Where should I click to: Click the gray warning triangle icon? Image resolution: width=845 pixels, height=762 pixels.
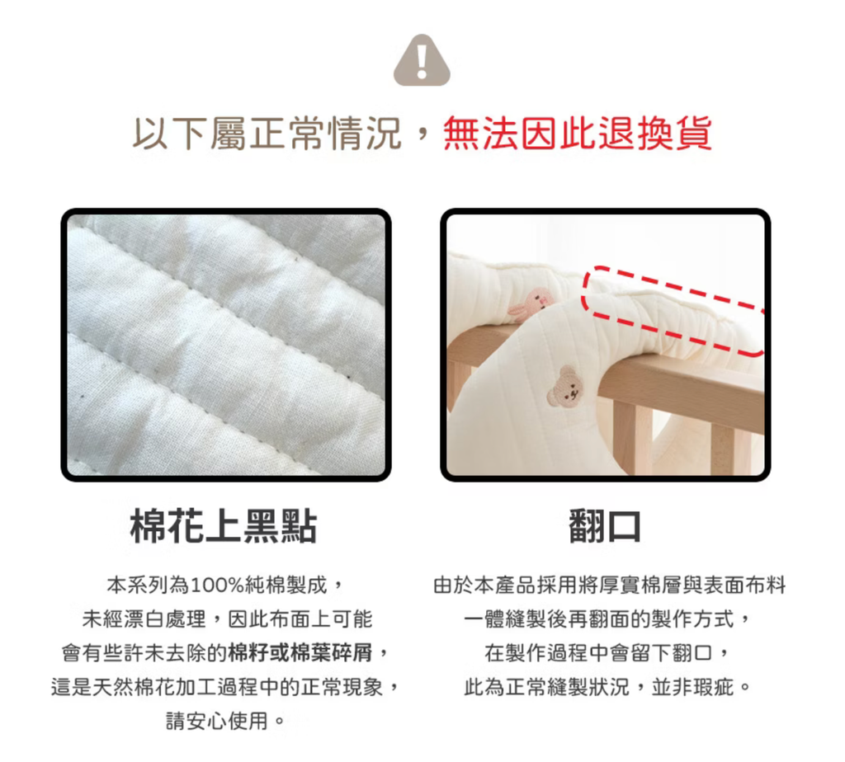[422, 60]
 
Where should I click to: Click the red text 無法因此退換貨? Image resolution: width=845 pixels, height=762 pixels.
[578, 133]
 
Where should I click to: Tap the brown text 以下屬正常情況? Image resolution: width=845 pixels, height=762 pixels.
[267, 133]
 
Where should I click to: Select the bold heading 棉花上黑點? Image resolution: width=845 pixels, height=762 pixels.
[224, 525]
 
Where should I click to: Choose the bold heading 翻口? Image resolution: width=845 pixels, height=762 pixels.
[605, 525]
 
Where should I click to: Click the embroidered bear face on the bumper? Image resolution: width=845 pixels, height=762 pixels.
[565, 386]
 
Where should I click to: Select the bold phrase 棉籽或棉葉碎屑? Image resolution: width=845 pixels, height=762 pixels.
[300, 652]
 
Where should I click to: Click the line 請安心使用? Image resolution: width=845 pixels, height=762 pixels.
[217, 721]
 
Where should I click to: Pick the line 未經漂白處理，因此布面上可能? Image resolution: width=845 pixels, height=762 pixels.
[227, 619]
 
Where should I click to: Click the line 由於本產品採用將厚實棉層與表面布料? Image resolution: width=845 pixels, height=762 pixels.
[610, 585]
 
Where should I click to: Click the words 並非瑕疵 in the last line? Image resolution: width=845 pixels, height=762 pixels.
[692, 687]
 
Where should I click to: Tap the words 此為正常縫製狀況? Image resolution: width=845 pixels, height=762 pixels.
[547, 687]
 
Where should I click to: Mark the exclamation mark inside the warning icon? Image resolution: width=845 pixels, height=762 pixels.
[422, 59]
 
